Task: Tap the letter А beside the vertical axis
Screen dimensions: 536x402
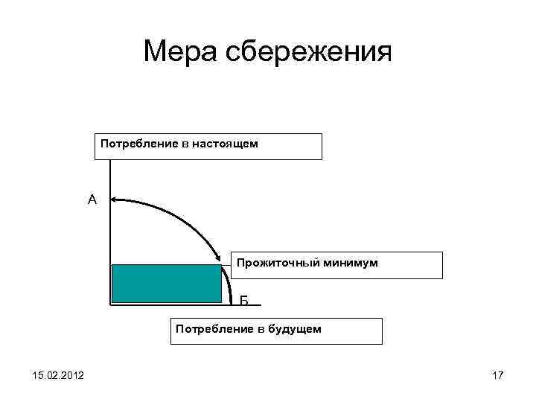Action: [x=92, y=200]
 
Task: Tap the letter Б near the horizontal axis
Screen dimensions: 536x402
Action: [x=244, y=301]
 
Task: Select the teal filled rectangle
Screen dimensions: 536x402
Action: [x=167, y=284]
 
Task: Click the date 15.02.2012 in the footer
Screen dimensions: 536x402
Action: [x=58, y=374]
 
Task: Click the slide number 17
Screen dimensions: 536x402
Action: [x=498, y=375]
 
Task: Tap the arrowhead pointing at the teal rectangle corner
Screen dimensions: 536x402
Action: [x=219, y=260]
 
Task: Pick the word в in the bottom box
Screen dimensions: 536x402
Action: [x=256, y=328]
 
